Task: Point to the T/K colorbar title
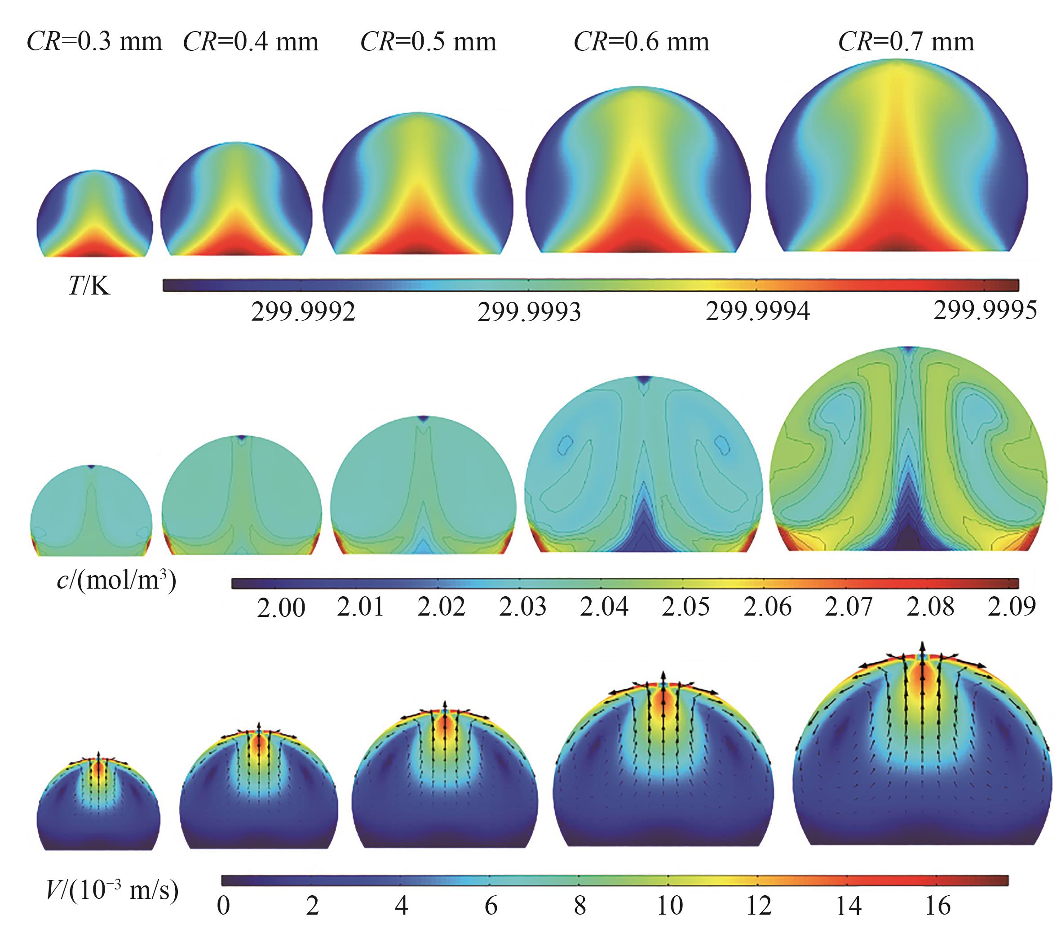[89, 286]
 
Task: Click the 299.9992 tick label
[303, 312]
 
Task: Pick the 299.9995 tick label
[985, 311]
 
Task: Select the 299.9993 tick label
[529, 312]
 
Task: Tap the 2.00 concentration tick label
[281, 608]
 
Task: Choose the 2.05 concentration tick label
[685, 607]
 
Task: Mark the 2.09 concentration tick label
[1012, 607]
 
